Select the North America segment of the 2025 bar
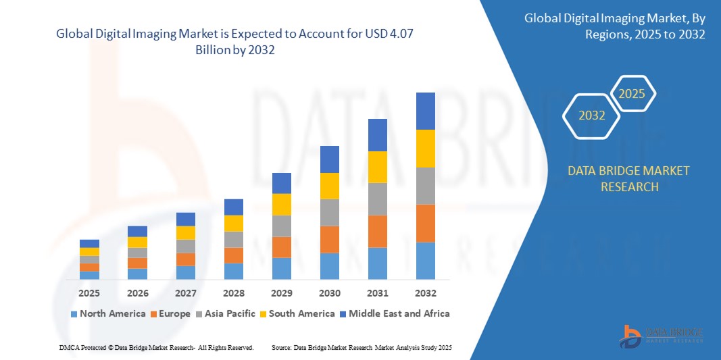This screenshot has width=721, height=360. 89,275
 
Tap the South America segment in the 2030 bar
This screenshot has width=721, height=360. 329,186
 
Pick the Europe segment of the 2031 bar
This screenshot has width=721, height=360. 377,231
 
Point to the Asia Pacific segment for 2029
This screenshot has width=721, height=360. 281,226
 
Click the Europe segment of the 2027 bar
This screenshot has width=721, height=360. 185,259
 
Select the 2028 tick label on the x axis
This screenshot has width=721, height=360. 233,293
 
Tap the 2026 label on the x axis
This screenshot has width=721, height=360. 137,293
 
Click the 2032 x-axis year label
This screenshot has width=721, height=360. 425,293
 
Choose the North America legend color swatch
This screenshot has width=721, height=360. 74,314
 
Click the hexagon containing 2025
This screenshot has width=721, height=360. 632,94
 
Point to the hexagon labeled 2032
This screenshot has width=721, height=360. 591,115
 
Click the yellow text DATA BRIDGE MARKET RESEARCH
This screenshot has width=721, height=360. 629,178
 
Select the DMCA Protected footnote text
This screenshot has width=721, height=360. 155,347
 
